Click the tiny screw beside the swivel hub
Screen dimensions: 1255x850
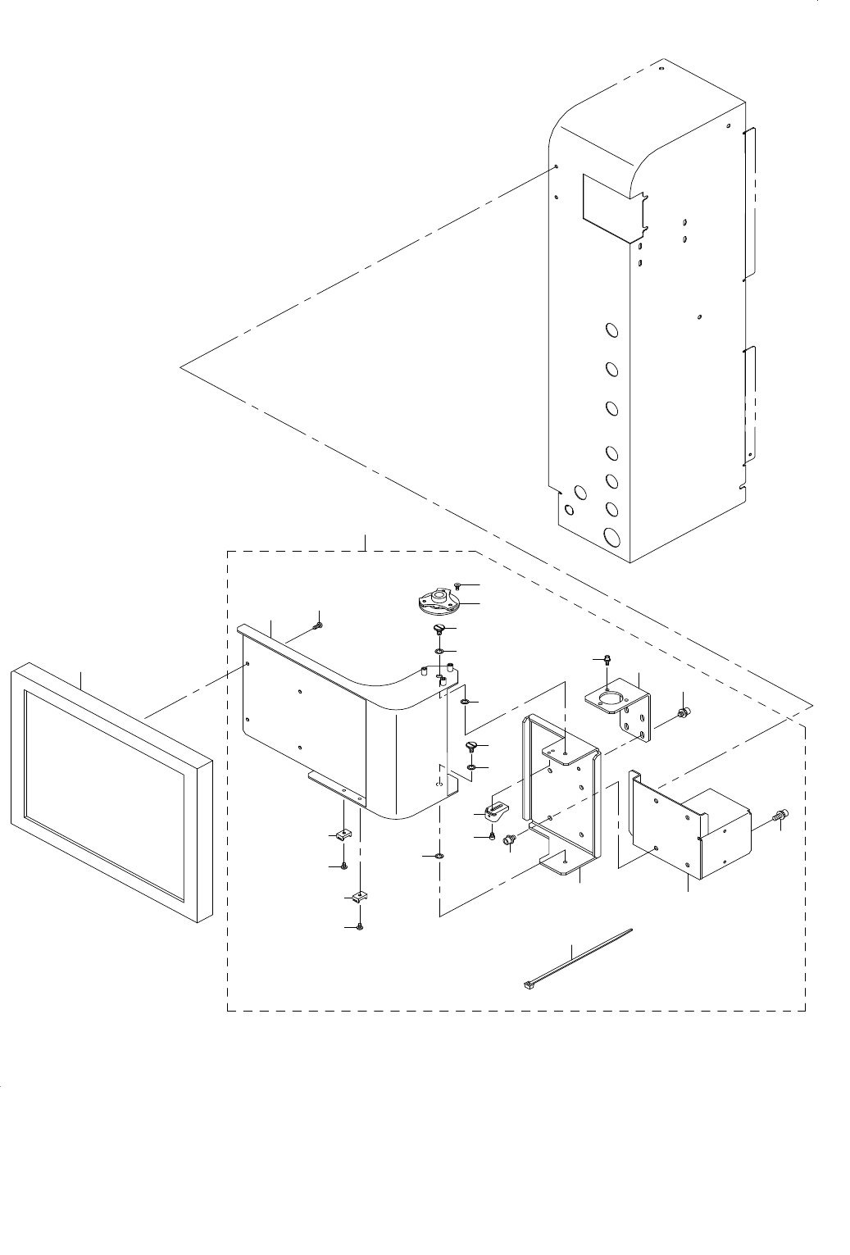pyautogui.click(x=457, y=586)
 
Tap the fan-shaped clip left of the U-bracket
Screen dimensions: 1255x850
pyautogui.click(x=497, y=812)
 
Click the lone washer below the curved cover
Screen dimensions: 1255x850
pyautogui.click(x=439, y=856)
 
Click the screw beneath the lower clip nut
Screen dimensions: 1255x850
pyautogui.click(x=359, y=926)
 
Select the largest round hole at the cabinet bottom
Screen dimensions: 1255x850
pyautogui.click(x=611, y=538)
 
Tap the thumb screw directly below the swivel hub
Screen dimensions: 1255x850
pyautogui.click(x=439, y=630)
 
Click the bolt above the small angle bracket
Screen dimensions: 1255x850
pyautogui.click(x=605, y=660)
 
